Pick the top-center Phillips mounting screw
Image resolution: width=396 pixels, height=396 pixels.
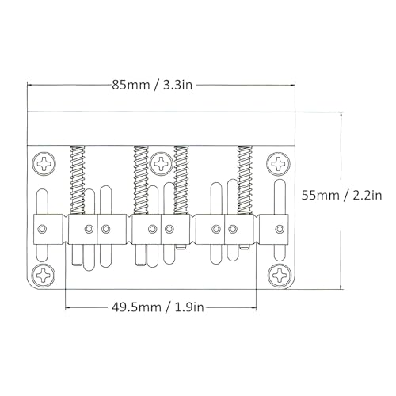click(x=162, y=164)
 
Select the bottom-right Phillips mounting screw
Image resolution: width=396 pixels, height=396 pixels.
click(x=278, y=275)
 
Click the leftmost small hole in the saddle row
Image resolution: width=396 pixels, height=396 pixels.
click(x=44, y=230)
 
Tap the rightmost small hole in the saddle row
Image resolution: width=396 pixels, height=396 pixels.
click(x=278, y=230)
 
